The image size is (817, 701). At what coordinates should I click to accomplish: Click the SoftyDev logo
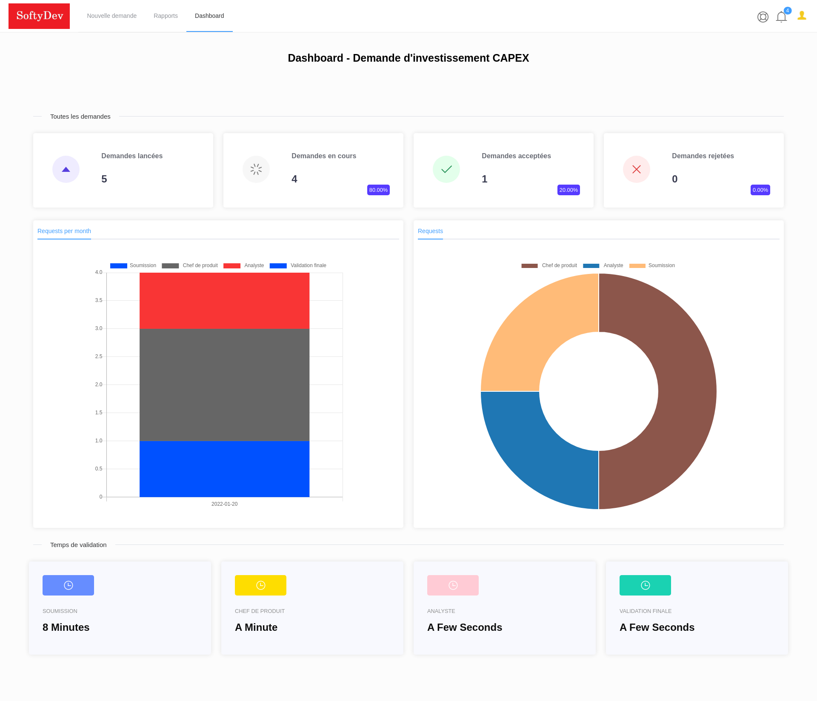tap(39, 16)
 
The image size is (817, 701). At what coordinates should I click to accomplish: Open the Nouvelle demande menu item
tap(111, 16)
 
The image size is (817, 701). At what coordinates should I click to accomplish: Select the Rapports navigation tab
tap(166, 16)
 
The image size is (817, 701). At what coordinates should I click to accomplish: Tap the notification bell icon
tap(781, 17)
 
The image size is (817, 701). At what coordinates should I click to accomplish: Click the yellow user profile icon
tap(802, 16)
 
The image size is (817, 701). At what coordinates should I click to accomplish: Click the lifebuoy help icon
tap(763, 17)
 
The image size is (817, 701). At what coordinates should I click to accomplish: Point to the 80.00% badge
tap(378, 190)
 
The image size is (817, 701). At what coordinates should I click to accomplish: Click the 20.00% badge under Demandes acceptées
tap(568, 190)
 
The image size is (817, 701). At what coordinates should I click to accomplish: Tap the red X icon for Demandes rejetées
tap(636, 169)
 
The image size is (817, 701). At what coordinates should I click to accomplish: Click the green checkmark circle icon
tap(446, 169)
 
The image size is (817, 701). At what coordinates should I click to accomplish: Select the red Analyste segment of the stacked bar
tap(224, 300)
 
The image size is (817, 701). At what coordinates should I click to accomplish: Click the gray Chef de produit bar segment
tap(224, 385)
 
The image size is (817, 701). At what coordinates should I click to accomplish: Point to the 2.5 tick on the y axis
tap(99, 356)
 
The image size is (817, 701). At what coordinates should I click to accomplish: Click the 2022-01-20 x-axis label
tap(224, 504)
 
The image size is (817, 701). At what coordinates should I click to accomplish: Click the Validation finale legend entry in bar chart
tap(298, 265)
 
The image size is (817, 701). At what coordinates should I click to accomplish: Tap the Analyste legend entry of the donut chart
tap(603, 265)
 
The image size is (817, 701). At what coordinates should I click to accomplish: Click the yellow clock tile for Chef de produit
tap(260, 585)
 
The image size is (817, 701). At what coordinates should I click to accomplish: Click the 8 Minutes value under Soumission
tap(66, 627)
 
